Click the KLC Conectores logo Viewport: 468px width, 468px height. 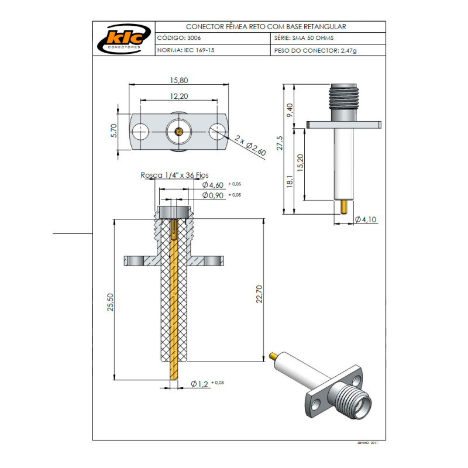(x=124, y=39)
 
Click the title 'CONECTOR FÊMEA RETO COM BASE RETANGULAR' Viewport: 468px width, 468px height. (x=266, y=27)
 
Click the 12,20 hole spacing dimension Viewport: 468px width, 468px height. (x=179, y=95)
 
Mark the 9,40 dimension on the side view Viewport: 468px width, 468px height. (x=289, y=109)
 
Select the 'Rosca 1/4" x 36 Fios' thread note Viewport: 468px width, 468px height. (x=174, y=175)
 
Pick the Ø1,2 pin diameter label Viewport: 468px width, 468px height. (x=200, y=384)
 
